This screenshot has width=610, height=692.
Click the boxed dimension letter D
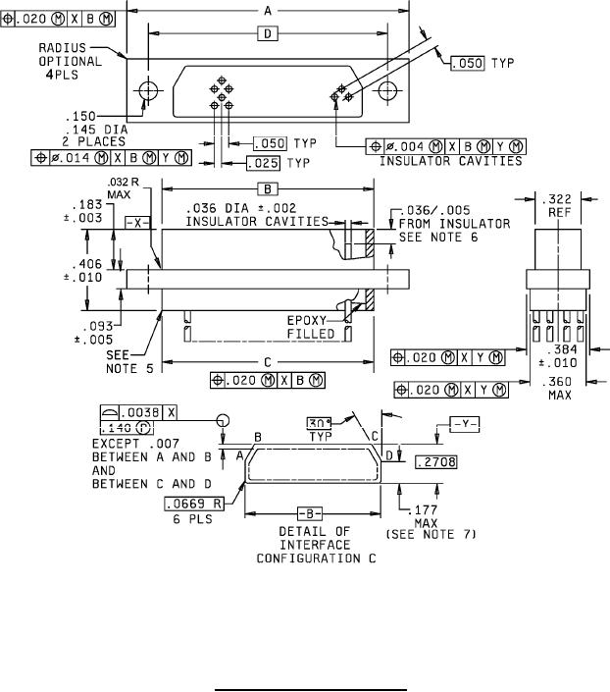267,34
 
